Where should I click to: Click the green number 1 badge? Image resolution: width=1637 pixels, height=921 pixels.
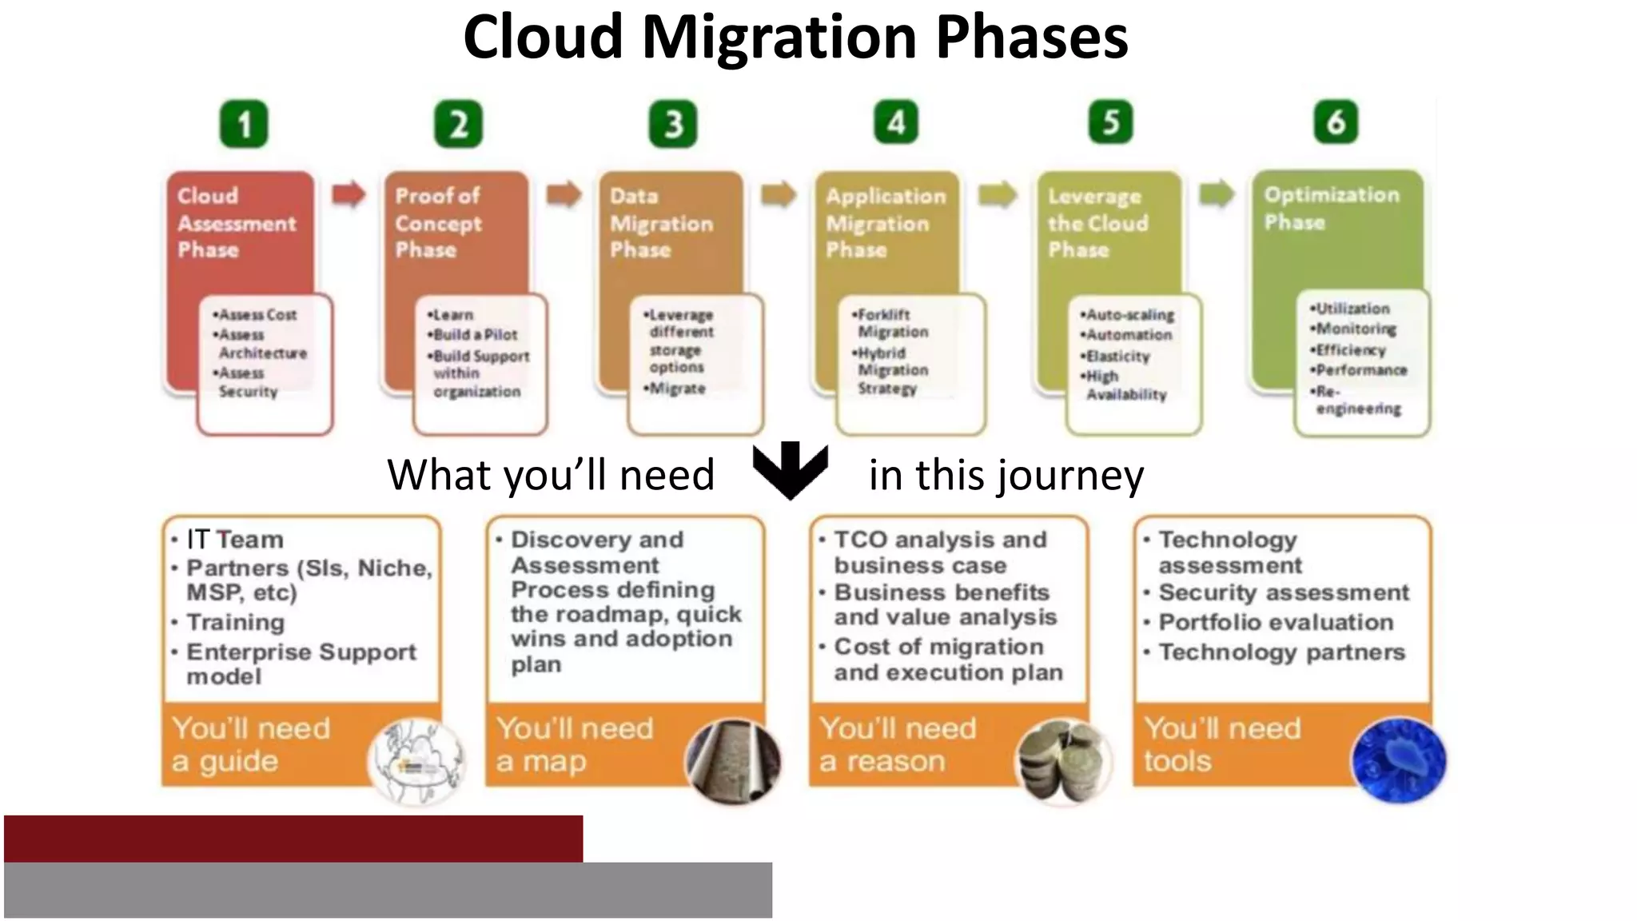pos(244,125)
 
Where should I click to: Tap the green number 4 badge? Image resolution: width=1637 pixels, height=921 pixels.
pos(896,122)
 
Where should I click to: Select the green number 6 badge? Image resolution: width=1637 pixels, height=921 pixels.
pos(1336,122)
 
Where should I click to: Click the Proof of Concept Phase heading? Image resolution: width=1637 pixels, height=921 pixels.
pos(438,222)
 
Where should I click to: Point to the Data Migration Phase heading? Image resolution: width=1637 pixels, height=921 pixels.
pos(661,222)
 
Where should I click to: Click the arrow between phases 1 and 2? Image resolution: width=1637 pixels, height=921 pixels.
pos(349,193)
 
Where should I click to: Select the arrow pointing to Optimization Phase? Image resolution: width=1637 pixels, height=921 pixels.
pos(1217,193)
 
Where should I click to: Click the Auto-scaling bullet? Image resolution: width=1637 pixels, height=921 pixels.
pos(1129,315)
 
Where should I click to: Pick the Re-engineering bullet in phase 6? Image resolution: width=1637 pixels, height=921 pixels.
pos(1356,400)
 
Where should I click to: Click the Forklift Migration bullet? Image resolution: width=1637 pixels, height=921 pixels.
pos(890,323)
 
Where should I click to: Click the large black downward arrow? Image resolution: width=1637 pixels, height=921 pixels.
pos(790,470)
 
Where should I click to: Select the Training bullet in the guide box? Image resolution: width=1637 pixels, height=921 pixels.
pos(235,622)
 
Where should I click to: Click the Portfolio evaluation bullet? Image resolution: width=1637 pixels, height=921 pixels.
pos(1276,622)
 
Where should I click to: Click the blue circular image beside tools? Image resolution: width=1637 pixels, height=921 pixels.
pos(1398,760)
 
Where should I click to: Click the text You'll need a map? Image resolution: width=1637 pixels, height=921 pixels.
pos(575,744)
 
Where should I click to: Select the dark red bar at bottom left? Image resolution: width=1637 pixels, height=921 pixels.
pos(293,838)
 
